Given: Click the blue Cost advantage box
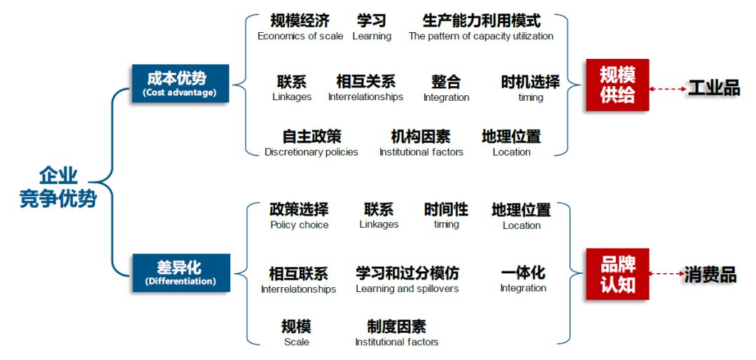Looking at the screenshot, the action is pos(180,83).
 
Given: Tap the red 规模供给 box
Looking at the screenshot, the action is pos(617,85).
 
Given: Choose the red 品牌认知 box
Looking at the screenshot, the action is pos(617,275).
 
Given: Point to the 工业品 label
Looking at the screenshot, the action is pos(713,88).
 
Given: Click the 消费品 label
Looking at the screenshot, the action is pos(710,275).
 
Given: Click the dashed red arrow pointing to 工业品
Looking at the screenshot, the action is pos(668,89).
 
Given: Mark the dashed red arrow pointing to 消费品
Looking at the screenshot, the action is pos(666,275).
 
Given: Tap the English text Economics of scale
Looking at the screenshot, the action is pos(300,36).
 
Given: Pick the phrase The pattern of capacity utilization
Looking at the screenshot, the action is pos(481,36).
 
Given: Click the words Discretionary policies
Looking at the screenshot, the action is pos(311,152).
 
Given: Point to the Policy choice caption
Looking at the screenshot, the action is pos(299,225).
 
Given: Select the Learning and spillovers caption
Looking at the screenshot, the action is pos(407,289).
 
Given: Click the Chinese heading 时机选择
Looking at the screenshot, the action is pos(530,82).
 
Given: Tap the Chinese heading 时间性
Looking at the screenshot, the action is pos(446,209).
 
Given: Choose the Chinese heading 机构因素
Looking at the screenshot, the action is pos(421,137).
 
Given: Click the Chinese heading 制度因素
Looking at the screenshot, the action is pos(396,326).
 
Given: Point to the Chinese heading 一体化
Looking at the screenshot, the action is pos(523,272).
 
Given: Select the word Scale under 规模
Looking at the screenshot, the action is pos(296,342).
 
